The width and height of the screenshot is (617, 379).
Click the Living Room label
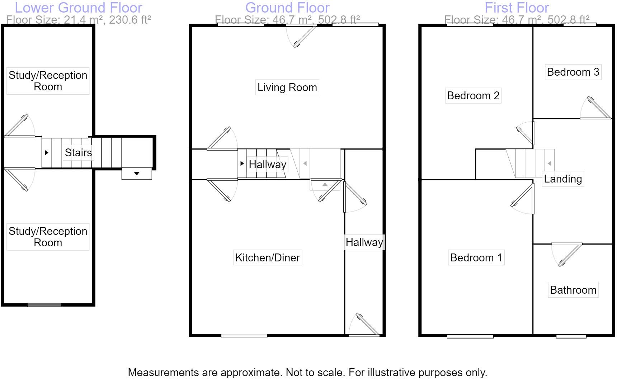[x=287, y=87]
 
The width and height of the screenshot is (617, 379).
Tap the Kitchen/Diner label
[x=267, y=257]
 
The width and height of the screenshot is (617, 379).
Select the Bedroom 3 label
[x=573, y=72]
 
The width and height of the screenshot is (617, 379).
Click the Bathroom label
[x=573, y=290]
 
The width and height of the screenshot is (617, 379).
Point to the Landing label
[x=562, y=179]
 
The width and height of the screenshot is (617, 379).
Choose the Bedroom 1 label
[x=476, y=257]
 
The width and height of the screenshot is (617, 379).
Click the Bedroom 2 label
[x=473, y=95]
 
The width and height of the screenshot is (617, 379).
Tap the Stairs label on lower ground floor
[x=78, y=152]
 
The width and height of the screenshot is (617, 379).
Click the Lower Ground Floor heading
[x=78, y=8]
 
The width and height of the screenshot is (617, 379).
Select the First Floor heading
[x=517, y=8]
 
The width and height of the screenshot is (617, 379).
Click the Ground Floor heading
[x=287, y=8]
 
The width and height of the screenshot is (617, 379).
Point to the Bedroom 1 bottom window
[x=470, y=336]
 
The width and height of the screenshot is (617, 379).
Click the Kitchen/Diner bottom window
[x=244, y=336]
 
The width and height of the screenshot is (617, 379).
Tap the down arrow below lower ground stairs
[x=137, y=174]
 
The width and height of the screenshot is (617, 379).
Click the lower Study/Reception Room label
[x=48, y=237]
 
